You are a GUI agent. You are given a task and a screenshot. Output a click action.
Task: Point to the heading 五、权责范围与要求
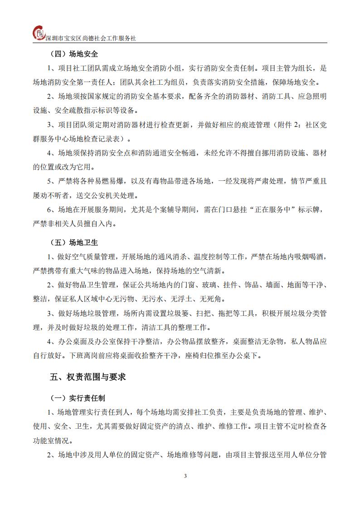[x=88, y=377]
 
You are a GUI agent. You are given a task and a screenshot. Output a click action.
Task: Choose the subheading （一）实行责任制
[x=77, y=398]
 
